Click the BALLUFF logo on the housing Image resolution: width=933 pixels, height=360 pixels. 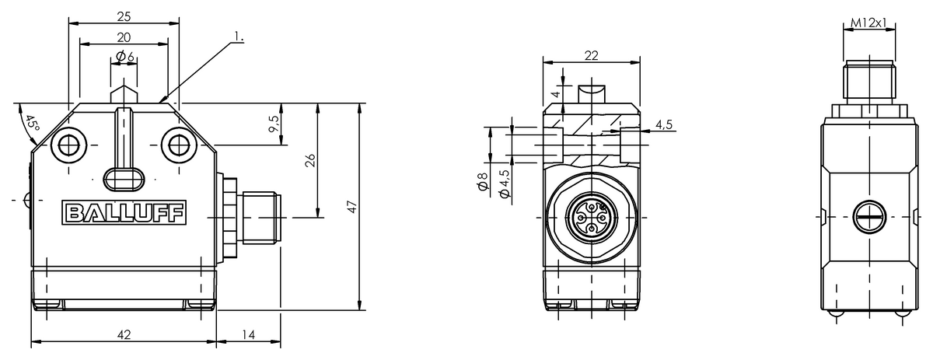tap(124, 212)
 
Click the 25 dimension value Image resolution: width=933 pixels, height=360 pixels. tap(124, 16)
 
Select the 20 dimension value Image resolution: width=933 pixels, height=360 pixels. tap(124, 37)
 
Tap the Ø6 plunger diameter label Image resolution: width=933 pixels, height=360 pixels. tap(124, 56)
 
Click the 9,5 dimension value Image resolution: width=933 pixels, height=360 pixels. tap(273, 124)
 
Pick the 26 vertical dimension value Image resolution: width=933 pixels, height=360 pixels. tap(310, 160)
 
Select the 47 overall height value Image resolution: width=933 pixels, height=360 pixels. tap(352, 207)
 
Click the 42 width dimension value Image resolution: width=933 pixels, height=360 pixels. tap(124, 334)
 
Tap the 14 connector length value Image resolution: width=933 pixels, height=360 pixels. tap(248, 334)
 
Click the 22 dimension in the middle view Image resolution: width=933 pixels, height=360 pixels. tap(592, 55)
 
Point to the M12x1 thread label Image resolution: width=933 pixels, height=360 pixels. tap(868, 23)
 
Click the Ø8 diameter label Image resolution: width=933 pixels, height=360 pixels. tap(483, 182)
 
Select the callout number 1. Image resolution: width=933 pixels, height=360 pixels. tap(239, 37)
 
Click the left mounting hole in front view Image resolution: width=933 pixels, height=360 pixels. tap(68, 145)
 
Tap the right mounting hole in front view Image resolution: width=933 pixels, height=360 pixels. tap(180, 145)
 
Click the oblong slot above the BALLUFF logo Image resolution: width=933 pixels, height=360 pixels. tap(124, 180)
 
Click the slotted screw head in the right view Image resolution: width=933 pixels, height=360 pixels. tap(869, 217)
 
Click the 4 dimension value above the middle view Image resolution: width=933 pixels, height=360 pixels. tap(556, 94)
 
